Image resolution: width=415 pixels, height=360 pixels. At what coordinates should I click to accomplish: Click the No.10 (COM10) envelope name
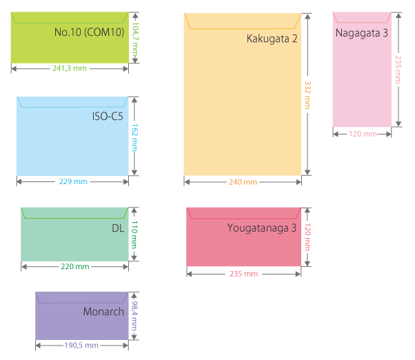pos(89,32)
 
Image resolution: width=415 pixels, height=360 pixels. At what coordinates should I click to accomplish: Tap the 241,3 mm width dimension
pos(70,68)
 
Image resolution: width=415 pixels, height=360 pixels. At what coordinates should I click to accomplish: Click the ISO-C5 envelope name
pos(108,116)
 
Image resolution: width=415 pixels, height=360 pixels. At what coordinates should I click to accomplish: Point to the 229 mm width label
pos(72,181)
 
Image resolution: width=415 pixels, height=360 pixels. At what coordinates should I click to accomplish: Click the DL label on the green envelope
pos(117,228)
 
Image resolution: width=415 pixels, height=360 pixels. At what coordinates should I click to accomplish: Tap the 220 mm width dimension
pos(74,266)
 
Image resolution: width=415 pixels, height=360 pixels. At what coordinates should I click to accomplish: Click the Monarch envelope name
pos(103,311)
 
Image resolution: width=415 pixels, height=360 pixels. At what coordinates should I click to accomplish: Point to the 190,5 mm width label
pos(82,345)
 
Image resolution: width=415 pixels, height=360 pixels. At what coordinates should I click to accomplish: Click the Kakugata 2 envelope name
pos(272,39)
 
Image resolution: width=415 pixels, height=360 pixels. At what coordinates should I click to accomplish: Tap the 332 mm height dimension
pos(307,95)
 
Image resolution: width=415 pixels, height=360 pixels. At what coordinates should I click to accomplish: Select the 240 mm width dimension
pos(243,182)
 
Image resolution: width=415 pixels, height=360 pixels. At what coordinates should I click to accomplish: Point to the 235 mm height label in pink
pos(398,69)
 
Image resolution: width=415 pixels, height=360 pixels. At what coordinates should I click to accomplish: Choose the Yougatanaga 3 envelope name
pos(261,228)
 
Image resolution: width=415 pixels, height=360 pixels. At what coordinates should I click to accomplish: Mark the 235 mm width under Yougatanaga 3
pos(243,274)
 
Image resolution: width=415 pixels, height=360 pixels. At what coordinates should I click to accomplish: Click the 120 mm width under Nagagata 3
pos(363,134)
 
